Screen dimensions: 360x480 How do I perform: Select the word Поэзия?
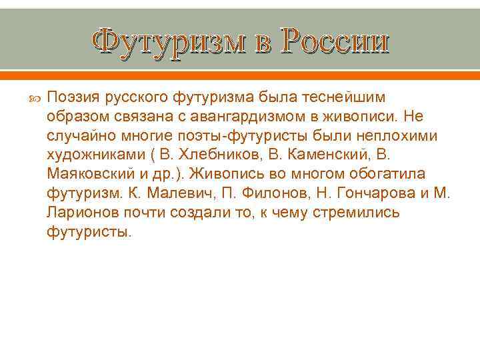pos(73,98)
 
